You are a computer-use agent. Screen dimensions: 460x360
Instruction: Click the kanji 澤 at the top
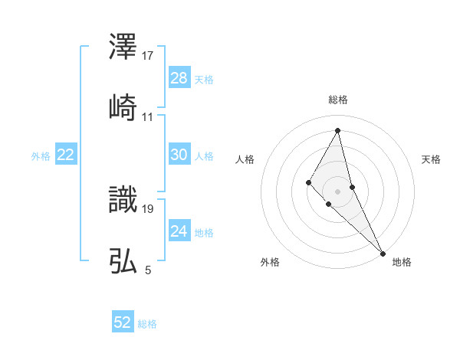pos(123,48)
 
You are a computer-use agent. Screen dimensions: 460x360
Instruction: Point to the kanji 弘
pos(123,260)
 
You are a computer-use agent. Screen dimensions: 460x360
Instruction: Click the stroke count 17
pos(149,56)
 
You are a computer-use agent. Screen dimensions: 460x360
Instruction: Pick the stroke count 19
pos(149,208)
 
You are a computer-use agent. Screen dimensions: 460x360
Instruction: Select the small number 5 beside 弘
pos(148,270)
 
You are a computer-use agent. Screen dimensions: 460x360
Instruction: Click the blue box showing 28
pos(179,78)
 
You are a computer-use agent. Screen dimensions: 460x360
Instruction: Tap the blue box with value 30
pos(179,155)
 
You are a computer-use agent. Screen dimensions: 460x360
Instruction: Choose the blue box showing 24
pos(179,231)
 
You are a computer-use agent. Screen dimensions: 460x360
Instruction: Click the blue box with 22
pos(66,155)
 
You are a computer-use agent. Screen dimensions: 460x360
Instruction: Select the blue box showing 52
pos(123,322)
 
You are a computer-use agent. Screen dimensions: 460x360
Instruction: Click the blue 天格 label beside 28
pos(204,80)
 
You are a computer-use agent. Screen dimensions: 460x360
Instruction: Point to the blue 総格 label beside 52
pos(147,324)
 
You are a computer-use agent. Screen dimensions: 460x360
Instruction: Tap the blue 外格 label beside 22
pos(41,156)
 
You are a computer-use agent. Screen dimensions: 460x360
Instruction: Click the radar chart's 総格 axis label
pos(338,100)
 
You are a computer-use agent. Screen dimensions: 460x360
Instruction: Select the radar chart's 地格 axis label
pos(402,262)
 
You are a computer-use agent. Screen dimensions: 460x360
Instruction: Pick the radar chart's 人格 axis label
pos(245,159)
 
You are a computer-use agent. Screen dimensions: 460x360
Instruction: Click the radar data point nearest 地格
pos(382,253)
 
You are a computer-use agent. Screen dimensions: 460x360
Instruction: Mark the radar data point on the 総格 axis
pos(338,129)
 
